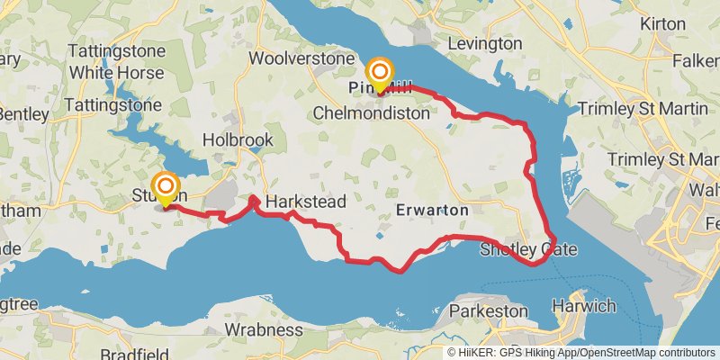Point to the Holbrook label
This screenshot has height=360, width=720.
[238, 140]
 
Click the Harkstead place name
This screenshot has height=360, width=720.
[306, 202]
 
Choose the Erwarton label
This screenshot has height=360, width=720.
[432, 210]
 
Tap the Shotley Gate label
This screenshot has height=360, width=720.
[528, 249]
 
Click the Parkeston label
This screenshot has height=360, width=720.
[488, 310]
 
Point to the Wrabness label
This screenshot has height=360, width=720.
[263, 329]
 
